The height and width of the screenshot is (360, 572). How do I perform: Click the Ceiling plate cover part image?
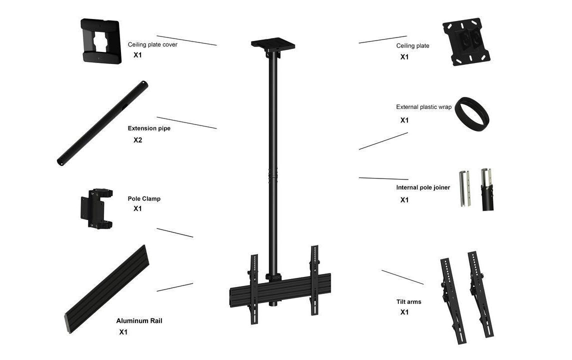point(101,41)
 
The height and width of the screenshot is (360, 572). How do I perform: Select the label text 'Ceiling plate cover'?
point(152,44)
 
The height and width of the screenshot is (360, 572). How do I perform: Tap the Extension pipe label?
point(149,128)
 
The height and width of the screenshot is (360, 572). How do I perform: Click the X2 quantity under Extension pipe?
point(137,140)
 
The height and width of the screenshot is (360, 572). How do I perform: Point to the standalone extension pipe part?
point(102,123)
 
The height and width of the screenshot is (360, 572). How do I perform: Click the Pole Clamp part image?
point(96,208)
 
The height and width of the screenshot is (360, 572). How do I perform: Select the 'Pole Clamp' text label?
point(144,199)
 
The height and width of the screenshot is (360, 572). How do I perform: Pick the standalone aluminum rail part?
point(107,289)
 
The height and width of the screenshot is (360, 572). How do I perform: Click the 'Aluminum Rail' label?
point(139,321)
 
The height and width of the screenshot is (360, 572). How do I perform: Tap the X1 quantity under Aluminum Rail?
point(123,332)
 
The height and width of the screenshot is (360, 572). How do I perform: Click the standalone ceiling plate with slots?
point(466,41)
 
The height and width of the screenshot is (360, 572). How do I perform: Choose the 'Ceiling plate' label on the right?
point(412,46)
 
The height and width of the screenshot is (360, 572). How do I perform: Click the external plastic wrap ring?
point(472,114)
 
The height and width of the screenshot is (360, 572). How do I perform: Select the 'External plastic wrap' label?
point(424,107)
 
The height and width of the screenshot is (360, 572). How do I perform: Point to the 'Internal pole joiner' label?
point(423,187)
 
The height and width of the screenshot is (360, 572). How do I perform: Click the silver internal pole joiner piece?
point(465,188)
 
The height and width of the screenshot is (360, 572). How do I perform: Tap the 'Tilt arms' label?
point(408,302)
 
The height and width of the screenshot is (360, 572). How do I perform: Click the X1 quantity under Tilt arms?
point(404,312)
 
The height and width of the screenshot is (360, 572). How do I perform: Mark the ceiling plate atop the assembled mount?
point(273,44)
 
